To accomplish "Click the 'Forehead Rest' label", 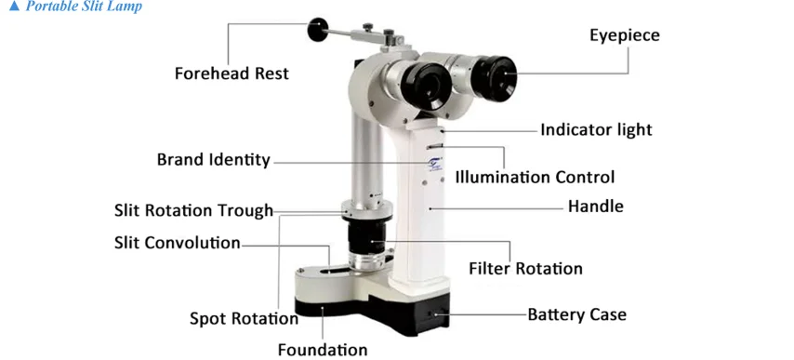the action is click(232, 73).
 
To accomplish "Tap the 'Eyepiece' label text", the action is click(624, 35).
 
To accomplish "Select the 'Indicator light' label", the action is click(596, 129).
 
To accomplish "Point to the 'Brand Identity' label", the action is click(213, 159).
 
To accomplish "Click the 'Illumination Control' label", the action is click(535, 176).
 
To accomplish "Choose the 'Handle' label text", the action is click(595, 206).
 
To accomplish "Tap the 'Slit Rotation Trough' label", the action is click(193, 210).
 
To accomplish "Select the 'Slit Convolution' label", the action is click(177, 243).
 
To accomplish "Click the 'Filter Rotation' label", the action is click(525, 269).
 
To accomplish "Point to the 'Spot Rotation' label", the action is click(244, 318).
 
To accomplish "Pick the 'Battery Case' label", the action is click(576, 314).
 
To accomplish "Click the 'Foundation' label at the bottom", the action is click(322, 350).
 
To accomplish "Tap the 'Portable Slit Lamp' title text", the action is click(83, 7).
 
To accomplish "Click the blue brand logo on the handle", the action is click(436, 166).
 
